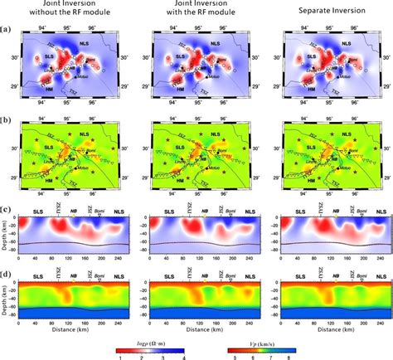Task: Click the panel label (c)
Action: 7,207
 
